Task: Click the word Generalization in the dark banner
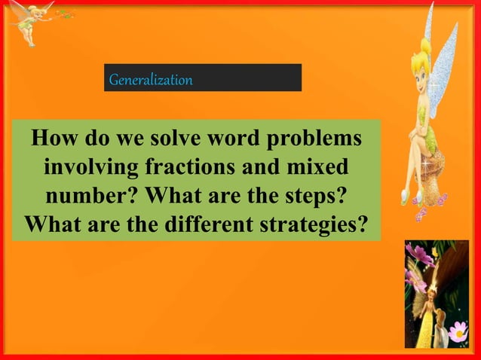pyautogui.click(x=151, y=78)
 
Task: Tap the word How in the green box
pyautogui.click(x=52, y=139)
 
